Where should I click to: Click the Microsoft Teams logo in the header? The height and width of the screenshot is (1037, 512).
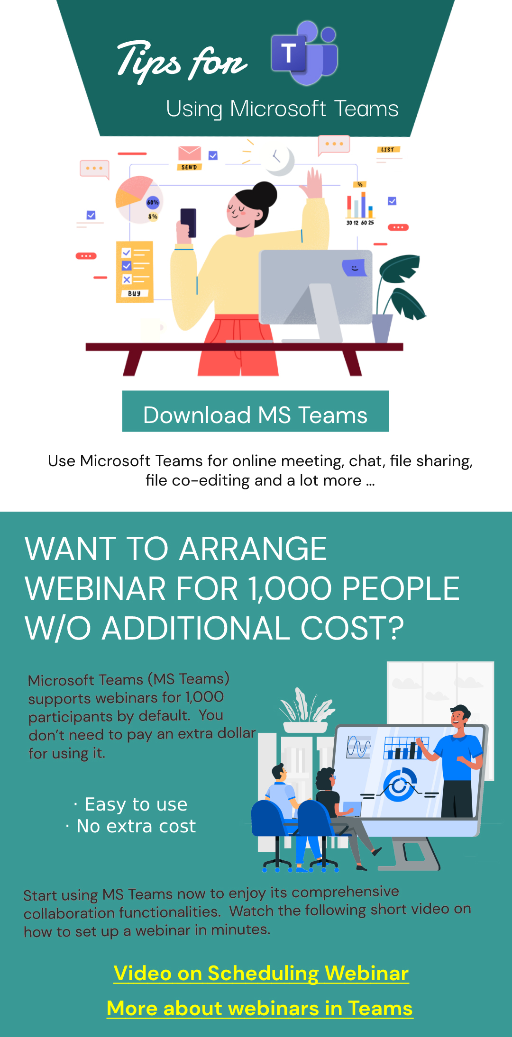coord(305,53)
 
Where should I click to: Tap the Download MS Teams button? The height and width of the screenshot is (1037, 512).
coord(256,411)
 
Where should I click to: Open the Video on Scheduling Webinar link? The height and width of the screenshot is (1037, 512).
coord(261,974)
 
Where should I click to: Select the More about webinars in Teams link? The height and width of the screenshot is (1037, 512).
coord(260,1009)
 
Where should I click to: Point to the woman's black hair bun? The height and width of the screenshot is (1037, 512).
coord(264,194)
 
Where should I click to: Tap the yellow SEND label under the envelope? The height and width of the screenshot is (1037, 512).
coord(189,167)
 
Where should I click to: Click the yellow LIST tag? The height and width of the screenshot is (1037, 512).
coord(388,150)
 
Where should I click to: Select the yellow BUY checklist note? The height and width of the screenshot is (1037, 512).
coord(135,271)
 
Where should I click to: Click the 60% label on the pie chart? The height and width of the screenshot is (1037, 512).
coord(153,202)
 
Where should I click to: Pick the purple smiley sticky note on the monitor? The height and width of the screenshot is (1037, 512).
coord(354,268)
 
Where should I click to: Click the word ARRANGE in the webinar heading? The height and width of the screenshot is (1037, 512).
coord(253,549)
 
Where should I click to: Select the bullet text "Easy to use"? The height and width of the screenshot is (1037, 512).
coord(136,804)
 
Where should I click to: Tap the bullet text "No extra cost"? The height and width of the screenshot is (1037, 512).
coord(136,826)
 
